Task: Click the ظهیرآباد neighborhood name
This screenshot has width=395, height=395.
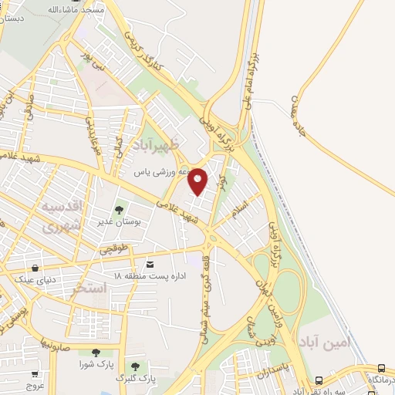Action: [x=175, y=144]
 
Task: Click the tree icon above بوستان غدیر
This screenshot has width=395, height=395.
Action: [x=119, y=209]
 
